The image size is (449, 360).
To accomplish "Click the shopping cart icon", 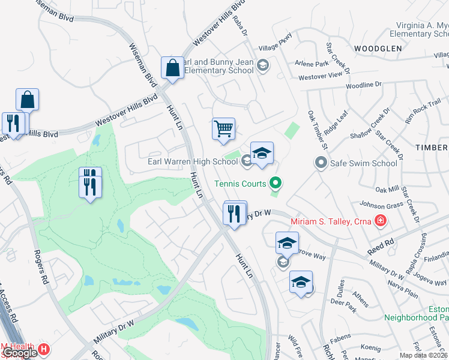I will click(x=223, y=128).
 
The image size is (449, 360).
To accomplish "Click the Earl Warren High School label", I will click(x=193, y=161).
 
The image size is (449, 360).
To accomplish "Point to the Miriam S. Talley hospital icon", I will click(x=379, y=222).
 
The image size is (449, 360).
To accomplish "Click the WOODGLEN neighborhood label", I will click(x=377, y=48).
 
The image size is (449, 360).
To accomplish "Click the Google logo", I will click(x=19, y=353).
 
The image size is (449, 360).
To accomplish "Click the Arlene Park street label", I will click(x=312, y=64).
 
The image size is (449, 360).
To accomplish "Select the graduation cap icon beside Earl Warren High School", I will click(x=262, y=154).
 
